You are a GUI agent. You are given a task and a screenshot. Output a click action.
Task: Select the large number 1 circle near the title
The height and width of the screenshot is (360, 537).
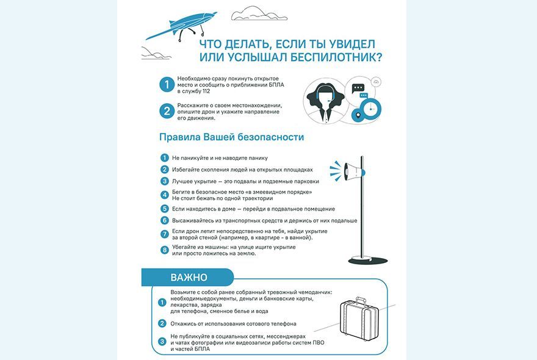[165, 85]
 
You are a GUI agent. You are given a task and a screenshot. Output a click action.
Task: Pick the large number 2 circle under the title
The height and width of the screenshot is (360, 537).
[165, 111]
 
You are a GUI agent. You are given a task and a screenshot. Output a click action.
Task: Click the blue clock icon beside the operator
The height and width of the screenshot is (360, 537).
[370, 110]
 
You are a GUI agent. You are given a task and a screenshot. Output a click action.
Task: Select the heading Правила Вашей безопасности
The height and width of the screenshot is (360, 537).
[231, 137]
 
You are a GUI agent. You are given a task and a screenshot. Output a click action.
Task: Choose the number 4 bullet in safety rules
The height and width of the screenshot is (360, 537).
[164, 195]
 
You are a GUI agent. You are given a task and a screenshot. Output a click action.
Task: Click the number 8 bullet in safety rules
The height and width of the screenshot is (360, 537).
[164, 250]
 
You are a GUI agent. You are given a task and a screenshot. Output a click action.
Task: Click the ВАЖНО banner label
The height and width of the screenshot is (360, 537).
[189, 278]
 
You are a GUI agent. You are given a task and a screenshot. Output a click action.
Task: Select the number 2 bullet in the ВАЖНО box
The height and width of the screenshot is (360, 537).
[162, 323]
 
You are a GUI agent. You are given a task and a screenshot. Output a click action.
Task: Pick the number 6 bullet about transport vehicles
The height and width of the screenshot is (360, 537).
[164, 220]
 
